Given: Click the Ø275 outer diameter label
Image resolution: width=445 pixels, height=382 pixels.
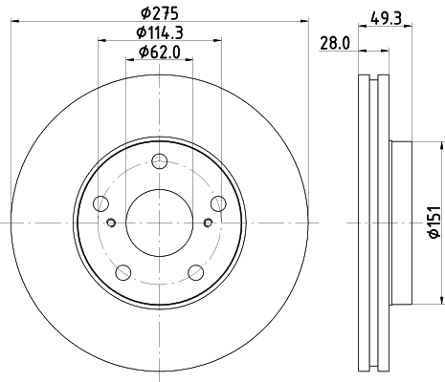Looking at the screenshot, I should click(160, 11).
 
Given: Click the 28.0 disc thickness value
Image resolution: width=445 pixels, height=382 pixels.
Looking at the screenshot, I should click(331, 42).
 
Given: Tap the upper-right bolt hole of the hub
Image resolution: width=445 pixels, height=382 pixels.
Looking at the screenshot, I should click(217, 201).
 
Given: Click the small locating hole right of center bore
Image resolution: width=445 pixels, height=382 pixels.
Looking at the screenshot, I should click(207, 223).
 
